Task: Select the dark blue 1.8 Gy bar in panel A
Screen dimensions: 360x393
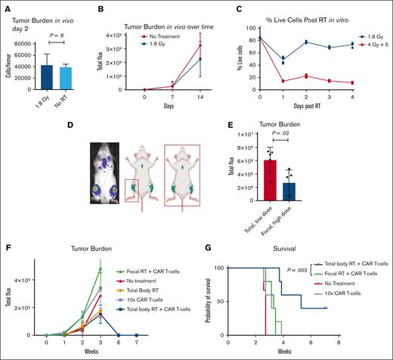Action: pyautogui.click(x=47, y=78)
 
